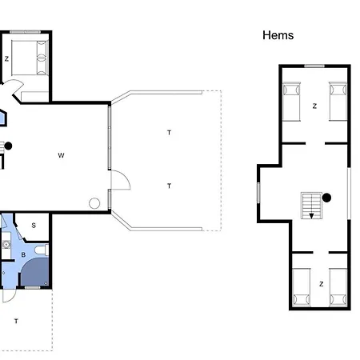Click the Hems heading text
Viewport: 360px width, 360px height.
pos(278,35)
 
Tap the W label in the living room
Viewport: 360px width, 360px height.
pos(61,155)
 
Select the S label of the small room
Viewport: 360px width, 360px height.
pos(34,226)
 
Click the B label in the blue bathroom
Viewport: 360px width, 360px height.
pos(23,255)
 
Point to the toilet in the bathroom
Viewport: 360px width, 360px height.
pos(42,250)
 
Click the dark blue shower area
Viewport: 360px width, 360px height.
pos(36,272)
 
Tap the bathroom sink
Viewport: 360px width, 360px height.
pos(6,244)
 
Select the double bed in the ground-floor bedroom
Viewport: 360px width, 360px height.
pos(30,58)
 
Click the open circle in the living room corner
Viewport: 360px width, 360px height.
pos(94,203)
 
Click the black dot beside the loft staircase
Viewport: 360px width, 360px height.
pos(326,198)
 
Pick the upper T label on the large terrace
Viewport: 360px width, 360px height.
pos(169,133)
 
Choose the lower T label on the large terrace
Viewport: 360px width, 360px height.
pos(169,186)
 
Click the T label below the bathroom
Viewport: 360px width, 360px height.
pos(16,321)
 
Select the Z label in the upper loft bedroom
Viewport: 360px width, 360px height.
pos(314,106)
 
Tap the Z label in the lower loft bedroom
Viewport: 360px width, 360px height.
pos(322,284)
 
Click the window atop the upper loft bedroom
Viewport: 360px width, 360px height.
pos(314,66)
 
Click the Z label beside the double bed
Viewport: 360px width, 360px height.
pos(6,58)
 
